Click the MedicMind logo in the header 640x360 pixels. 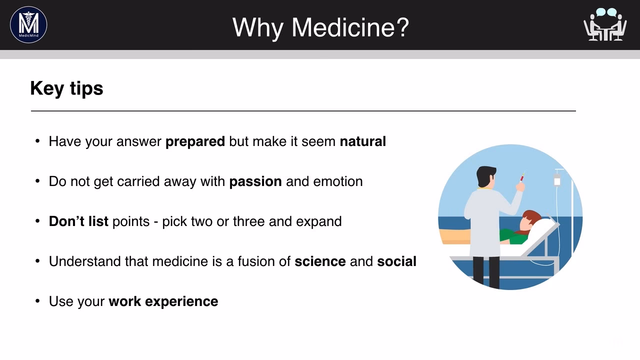pos(28,24)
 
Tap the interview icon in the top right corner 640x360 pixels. pos(605,24)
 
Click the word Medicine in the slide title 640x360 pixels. pos(349,27)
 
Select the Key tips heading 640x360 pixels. pos(66,88)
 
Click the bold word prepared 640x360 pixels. pos(195,142)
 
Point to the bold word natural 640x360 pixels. pos(362,141)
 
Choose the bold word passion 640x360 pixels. pos(255,181)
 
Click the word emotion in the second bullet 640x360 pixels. pos(337,181)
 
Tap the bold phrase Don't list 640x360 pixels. pos(78,221)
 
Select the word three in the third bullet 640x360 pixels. pos(249,221)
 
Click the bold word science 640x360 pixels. pos(320,261)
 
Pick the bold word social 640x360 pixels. pos(396,261)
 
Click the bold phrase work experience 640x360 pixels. pos(163,301)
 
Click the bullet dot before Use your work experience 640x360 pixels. pos(37,301)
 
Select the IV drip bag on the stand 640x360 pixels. pos(557,180)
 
